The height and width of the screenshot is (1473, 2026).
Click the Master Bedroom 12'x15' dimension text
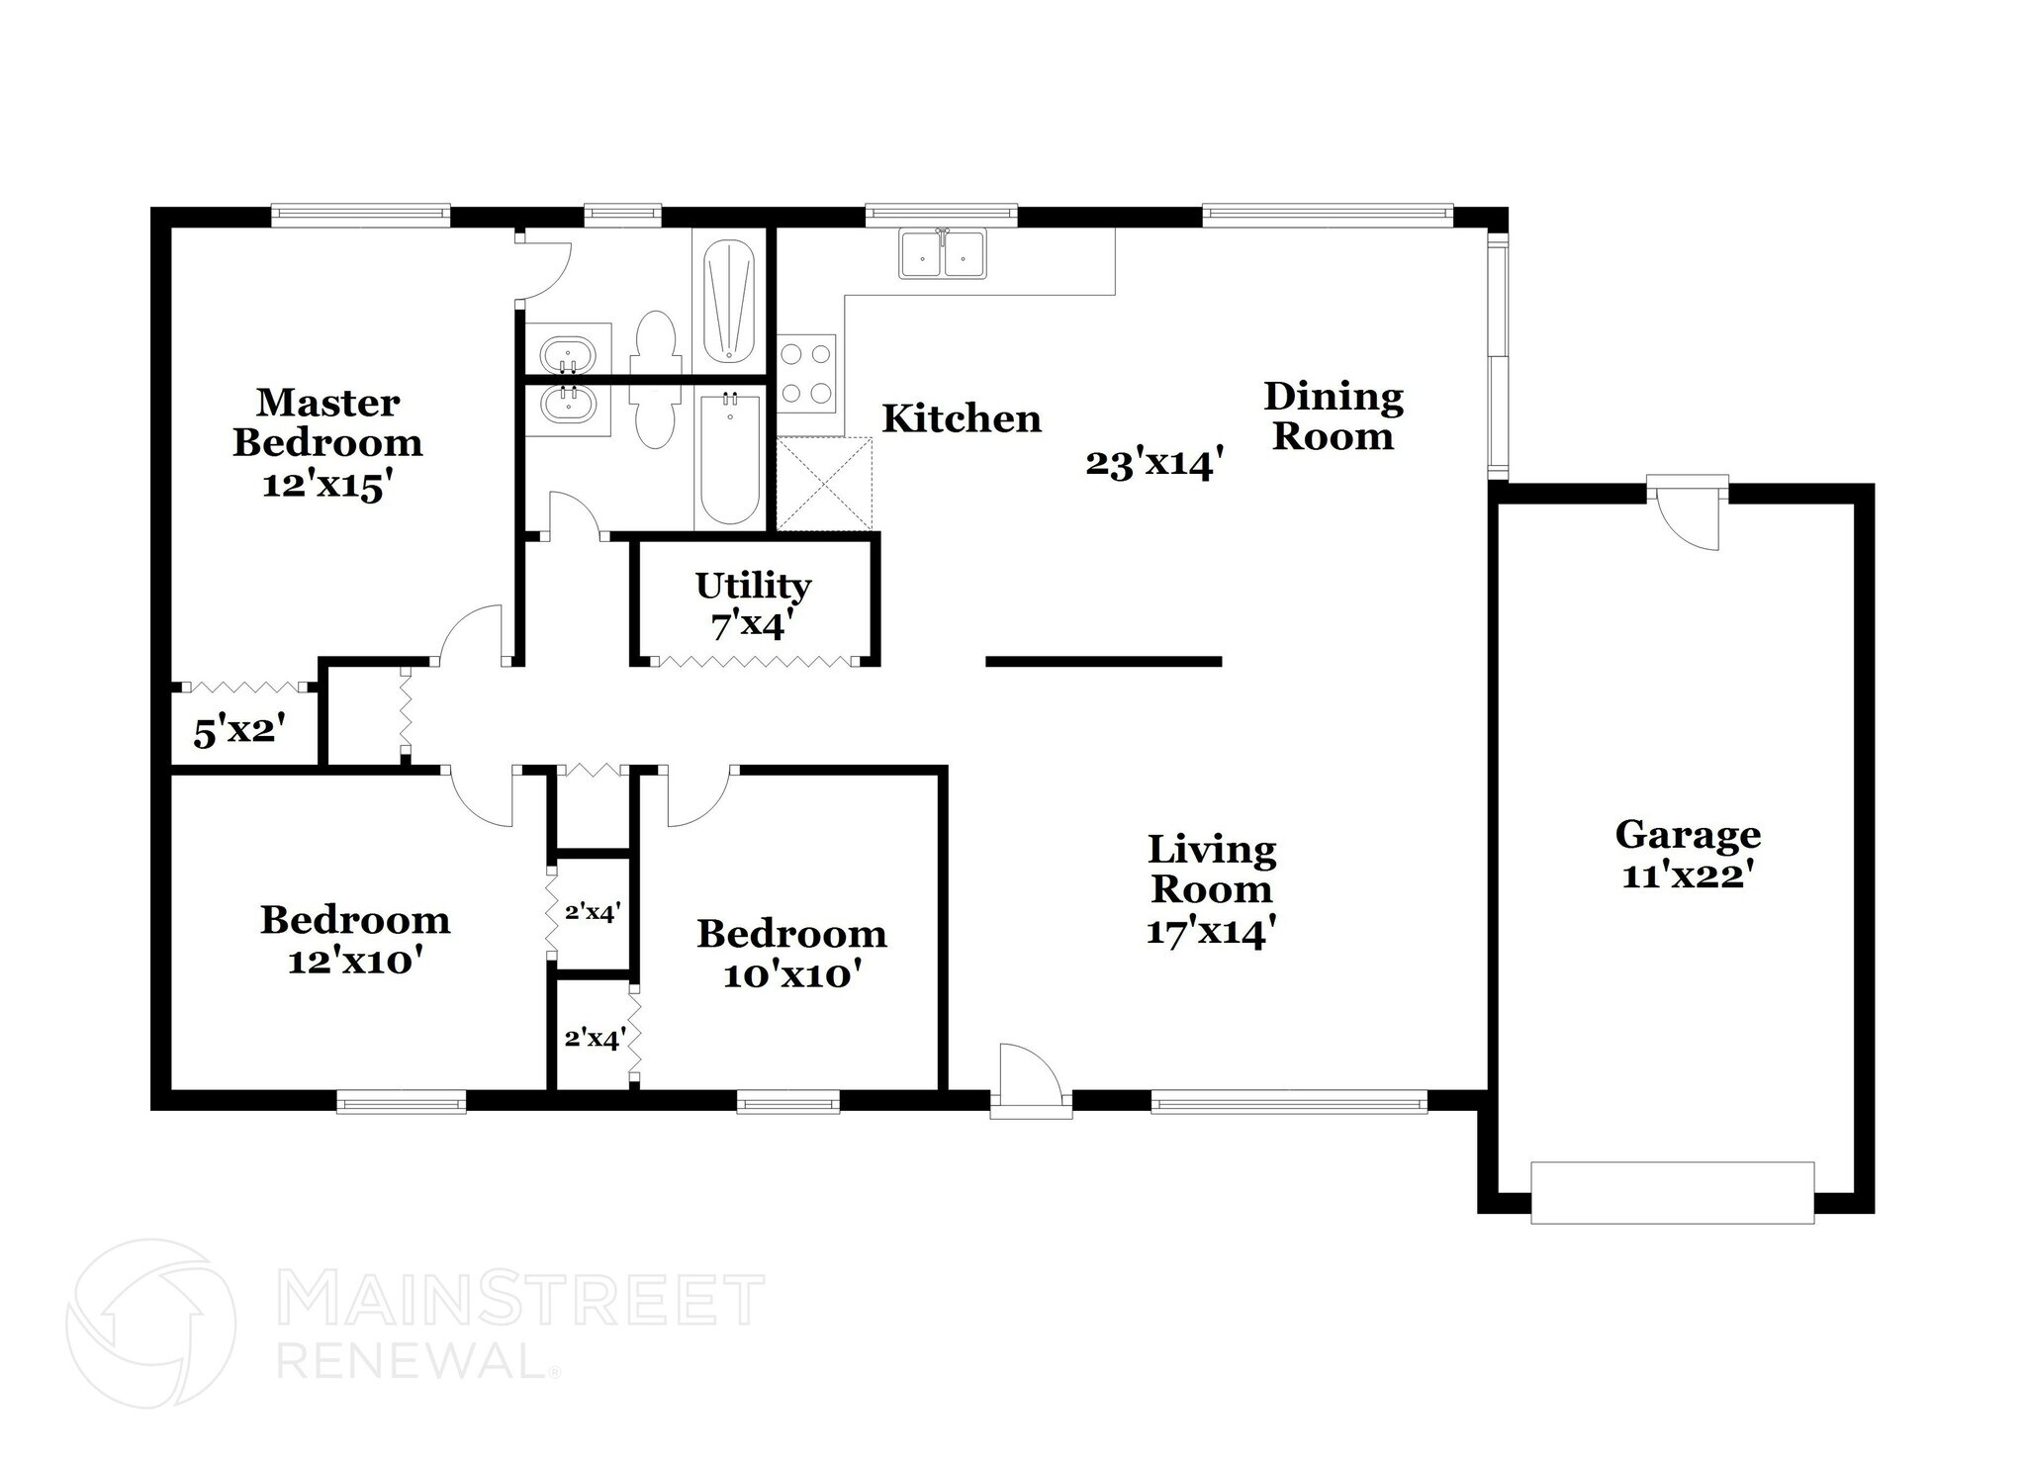(327, 486)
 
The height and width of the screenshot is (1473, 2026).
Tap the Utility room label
(753, 586)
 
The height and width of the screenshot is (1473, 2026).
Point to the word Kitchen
(962, 418)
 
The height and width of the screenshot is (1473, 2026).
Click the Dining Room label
(1333, 416)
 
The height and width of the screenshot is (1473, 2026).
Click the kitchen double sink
(942, 253)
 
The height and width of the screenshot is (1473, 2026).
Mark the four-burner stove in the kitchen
(805, 373)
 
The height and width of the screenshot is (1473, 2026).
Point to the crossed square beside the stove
(824, 485)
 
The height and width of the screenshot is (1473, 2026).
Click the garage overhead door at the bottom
(1672, 1192)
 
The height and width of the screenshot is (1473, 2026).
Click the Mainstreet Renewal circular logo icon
(150, 1323)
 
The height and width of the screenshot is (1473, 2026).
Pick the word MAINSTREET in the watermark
(521, 1300)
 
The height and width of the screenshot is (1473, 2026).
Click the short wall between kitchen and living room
(1103, 662)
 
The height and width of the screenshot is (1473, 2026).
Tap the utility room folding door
(753, 661)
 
